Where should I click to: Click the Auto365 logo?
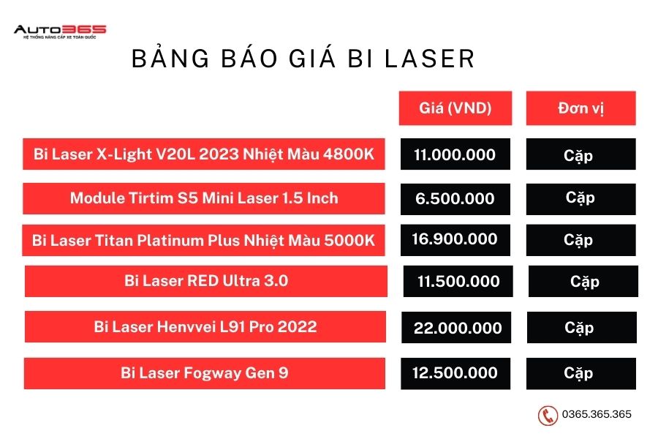[x=60, y=31]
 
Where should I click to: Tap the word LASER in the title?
[x=430, y=59]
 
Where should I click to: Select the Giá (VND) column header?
[x=455, y=108]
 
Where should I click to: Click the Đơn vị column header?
[x=581, y=108]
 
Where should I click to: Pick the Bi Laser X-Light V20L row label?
[x=204, y=154]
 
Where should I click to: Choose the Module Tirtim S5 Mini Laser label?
[x=204, y=198]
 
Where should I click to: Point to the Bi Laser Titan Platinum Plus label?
[x=203, y=240]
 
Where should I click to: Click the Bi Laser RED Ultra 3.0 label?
[x=206, y=281]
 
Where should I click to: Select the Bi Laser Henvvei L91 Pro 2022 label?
[x=205, y=326]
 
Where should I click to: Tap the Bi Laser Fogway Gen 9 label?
[x=205, y=373]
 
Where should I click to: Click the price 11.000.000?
[x=455, y=154]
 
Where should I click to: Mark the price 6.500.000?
[x=455, y=199]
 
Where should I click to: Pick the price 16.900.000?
[x=455, y=240]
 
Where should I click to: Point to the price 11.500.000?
[x=458, y=281]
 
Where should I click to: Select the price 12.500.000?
[x=455, y=373]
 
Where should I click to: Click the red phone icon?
[x=548, y=416]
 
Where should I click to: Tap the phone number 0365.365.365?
[x=597, y=414]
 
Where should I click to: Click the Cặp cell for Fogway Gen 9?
[x=581, y=373]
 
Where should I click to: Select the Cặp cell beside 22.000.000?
[x=582, y=327]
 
